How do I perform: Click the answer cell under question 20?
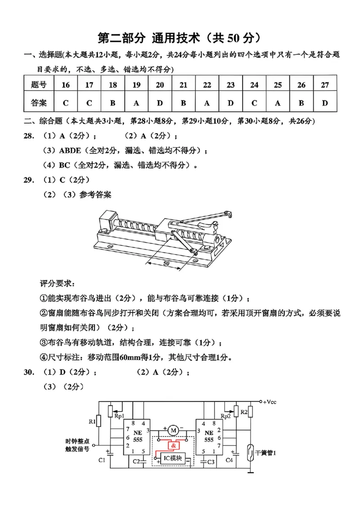(x=160, y=103)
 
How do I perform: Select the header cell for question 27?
(x=325, y=85)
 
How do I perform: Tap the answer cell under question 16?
(x=66, y=103)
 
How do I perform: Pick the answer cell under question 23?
(x=230, y=103)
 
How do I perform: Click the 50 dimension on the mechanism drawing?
(x=166, y=263)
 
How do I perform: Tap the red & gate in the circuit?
(x=173, y=445)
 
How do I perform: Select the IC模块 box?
(x=173, y=459)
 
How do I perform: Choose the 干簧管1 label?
(x=265, y=453)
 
